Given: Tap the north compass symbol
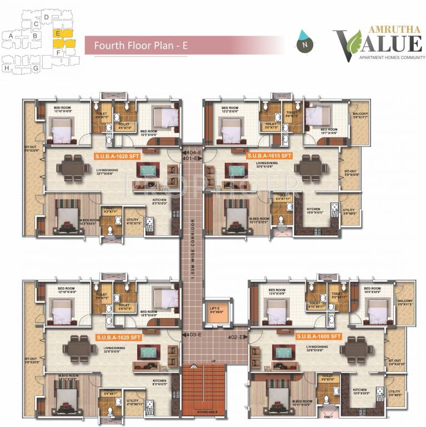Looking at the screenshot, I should (303, 41).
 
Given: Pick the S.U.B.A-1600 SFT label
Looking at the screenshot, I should (318, 336).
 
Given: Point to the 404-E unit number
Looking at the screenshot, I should (192, 151).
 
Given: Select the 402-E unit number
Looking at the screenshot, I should (235, 336).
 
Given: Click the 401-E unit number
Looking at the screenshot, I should (192, 158).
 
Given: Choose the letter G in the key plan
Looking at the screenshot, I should (36, 68).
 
